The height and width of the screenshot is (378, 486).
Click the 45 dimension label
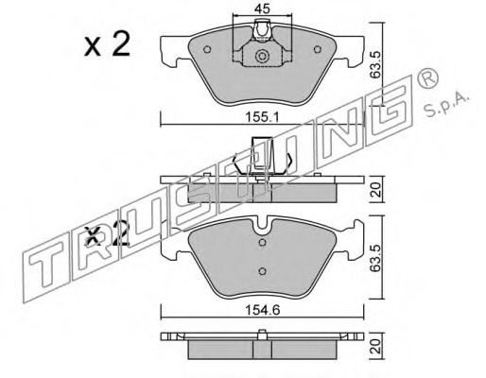coord(262,9)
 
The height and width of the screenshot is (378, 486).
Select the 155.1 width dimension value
coord(263,117)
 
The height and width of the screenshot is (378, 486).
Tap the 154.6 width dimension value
coord(263,311)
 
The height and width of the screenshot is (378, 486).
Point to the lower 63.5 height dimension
coord(375,258)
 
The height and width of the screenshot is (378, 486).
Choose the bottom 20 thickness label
coord(376,347)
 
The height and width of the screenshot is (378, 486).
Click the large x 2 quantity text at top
coord(107,45)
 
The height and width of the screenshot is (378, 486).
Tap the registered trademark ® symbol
coord(427,78)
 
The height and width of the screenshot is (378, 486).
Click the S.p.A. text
coord(446,104)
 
